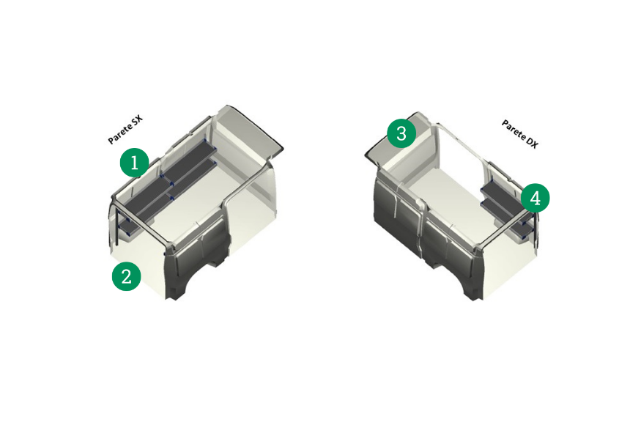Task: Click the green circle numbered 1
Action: tap(135, 163)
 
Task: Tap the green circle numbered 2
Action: tap(127, 276)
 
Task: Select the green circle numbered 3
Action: tap(401, 133)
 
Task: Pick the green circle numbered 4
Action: tap(535, 198)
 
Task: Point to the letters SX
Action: tap(138, 120)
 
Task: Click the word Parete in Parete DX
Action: tap(513, 130)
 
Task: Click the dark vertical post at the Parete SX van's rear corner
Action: tap(116, 225)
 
